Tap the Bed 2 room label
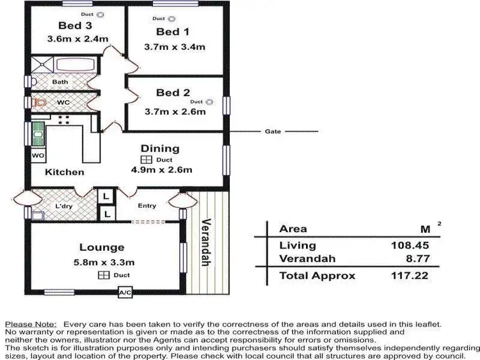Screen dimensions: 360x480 [x=173, y=93]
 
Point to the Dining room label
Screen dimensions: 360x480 [x=160, y=148]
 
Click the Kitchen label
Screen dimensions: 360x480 [x=64, y=172]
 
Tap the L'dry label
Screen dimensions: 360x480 [x=63, y=206]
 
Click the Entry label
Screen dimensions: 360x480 [x=147, y=205]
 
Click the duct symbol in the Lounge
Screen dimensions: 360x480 [x=102, y=275]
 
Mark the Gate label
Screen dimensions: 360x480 [x=273, y=131]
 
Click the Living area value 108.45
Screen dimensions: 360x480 [x=410, y=245]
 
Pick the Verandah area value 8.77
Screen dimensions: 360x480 [x=415, y=259]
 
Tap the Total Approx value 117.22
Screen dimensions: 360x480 [x=410, y=276]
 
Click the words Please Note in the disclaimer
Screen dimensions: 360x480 [x=31, y=325]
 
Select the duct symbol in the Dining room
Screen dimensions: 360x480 [x=146, y=160]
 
